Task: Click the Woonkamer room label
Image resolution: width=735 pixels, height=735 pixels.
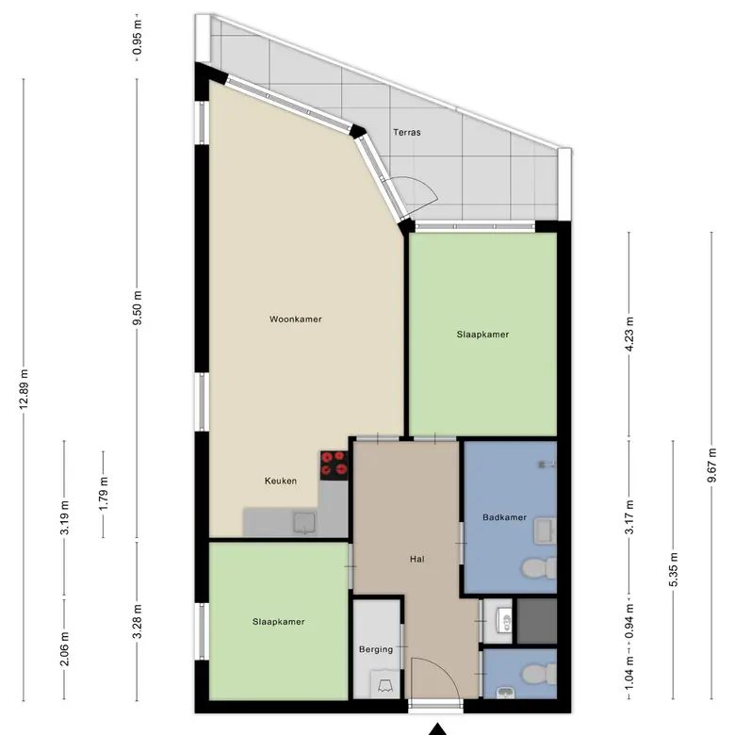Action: tap(295, 319)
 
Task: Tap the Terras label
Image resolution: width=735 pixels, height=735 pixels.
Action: tap(407, 132)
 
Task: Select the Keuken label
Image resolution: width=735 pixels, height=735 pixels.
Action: tap(280, 481)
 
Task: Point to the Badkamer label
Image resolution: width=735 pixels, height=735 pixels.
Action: tap(504, 517)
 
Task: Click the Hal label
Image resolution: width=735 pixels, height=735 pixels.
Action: tap(417, 559)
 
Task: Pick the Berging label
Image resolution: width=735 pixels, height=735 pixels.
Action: tap(376, 649)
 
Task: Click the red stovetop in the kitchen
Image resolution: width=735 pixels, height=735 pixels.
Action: tap(335, 465)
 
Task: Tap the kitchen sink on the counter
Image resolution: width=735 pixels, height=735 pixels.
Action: tap(304, 524)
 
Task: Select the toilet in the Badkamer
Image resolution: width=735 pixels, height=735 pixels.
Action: tap(540, 568)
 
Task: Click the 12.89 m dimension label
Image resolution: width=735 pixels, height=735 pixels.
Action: tap(24, 389)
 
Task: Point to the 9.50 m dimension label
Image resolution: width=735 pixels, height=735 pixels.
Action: tap(137, 308)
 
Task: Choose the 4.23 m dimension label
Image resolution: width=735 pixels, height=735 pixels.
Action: tap(629, 334)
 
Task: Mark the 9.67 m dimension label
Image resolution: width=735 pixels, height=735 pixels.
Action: tap(712, 465)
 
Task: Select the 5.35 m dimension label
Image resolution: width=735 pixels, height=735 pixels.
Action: tap(673, 569)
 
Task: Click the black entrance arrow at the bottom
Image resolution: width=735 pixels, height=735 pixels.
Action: tap(437, 729)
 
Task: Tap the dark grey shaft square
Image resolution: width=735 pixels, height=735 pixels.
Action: tap(537, 621)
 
